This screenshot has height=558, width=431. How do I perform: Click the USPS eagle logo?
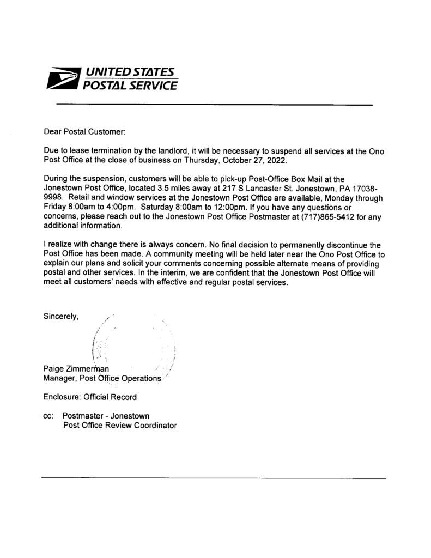[63, 79]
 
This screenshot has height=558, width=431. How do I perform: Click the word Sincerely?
[62, 316]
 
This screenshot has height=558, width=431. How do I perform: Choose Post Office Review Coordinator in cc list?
[120, 425]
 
